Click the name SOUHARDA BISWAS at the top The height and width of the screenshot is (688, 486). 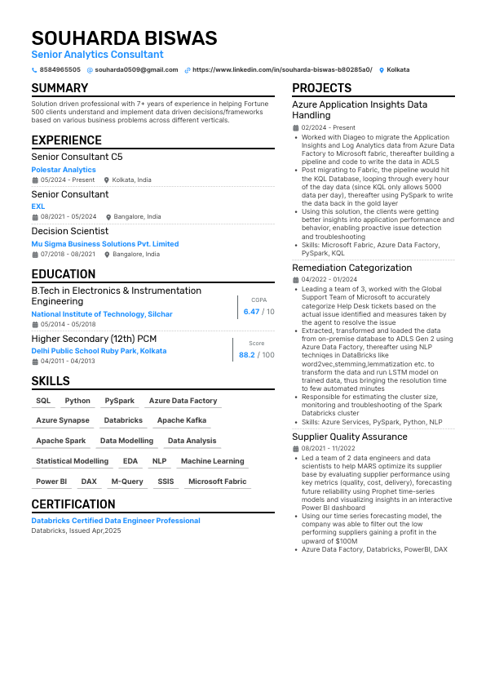pos(124,38)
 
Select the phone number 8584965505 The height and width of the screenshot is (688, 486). pos(60,70)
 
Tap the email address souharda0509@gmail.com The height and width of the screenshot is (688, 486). pos(136,70)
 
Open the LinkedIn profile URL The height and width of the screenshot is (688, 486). pos(281,70)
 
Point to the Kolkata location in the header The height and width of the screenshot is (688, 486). pos(398,70)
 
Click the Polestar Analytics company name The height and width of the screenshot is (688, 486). pos(63,170)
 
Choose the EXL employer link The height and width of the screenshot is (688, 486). pos(38,206)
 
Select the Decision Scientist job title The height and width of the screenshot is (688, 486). pos(69,231)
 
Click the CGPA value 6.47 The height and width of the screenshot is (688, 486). pos(251,312)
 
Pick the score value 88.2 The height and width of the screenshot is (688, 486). pos(246,355)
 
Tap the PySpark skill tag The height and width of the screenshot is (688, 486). pos(119,401)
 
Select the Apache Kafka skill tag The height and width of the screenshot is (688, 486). pos(182,420)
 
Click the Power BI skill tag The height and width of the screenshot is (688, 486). pos(51,482)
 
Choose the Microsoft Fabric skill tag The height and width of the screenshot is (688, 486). pos(217,482)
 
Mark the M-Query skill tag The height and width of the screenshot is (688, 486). pos(127,482)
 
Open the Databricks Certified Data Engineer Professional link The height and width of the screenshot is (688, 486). pos(115,521)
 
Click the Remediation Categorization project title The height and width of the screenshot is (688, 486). pos(351,268)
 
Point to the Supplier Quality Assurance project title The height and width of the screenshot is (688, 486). pos(349,437)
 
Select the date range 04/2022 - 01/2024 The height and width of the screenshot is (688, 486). pos(329,279)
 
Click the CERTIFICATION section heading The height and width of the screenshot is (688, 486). pos(73,504)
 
